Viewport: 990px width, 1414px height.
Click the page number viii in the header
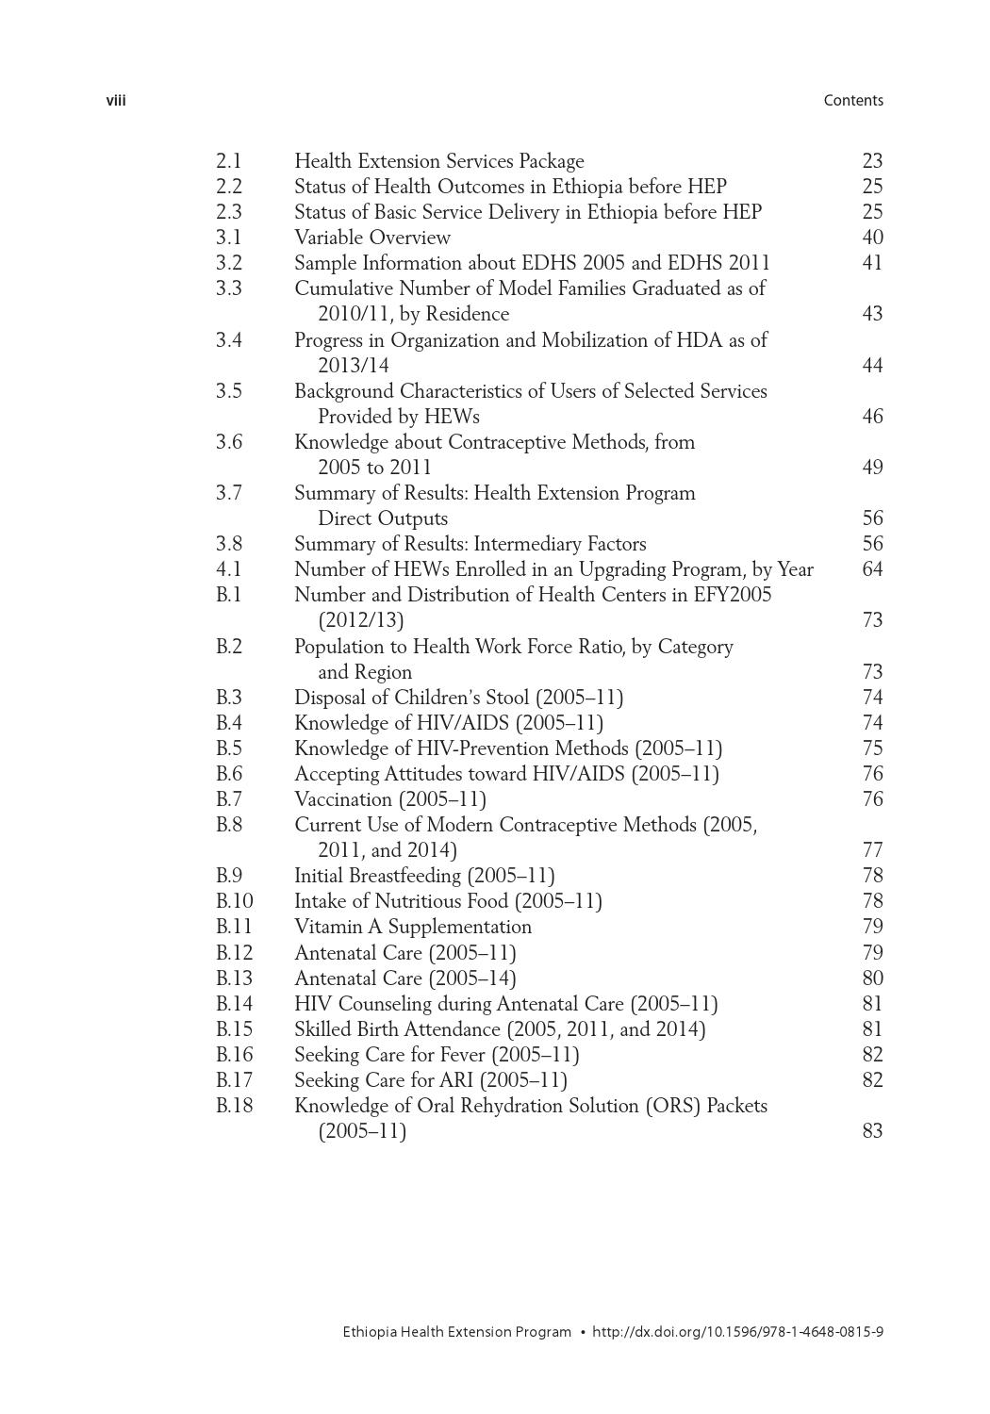click(x=116, y=101)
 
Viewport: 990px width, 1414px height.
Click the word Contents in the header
click(x=852, y=101)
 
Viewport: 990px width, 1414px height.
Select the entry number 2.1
click(x=228, y=161)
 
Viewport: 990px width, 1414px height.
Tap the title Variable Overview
click(x=371, y=238)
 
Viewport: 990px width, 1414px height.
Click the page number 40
click(x=872, y=238)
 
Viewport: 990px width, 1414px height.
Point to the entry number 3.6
click(x=228, y=442)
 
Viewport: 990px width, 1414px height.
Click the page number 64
click(x=872, y=569)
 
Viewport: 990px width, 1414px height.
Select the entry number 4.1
click(x=228, y=569)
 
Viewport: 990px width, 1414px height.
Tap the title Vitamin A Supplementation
click(x=413, y=927)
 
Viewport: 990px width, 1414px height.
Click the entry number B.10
click(x=234, y=901)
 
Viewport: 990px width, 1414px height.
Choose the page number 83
click(x=872, y=1131)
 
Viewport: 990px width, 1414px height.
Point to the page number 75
click(x=872, y=748)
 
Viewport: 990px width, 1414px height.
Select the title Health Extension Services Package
click(x=438, y=161)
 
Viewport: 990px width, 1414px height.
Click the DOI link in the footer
click(x=737, y=1332)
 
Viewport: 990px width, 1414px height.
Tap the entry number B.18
click(x=234, y=1106)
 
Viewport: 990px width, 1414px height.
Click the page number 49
click(x=872, y=468)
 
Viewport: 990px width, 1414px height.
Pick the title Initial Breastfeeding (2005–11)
click(x=424, y=876)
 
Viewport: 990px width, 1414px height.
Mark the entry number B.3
click(x=228, y=698)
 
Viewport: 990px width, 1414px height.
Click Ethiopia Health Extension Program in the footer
click(x=456, y=1332)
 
